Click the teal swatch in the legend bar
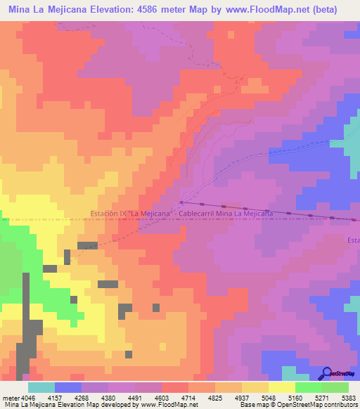pos(41,387)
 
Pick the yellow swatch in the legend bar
pos(281,387)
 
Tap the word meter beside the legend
pos(10,398)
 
